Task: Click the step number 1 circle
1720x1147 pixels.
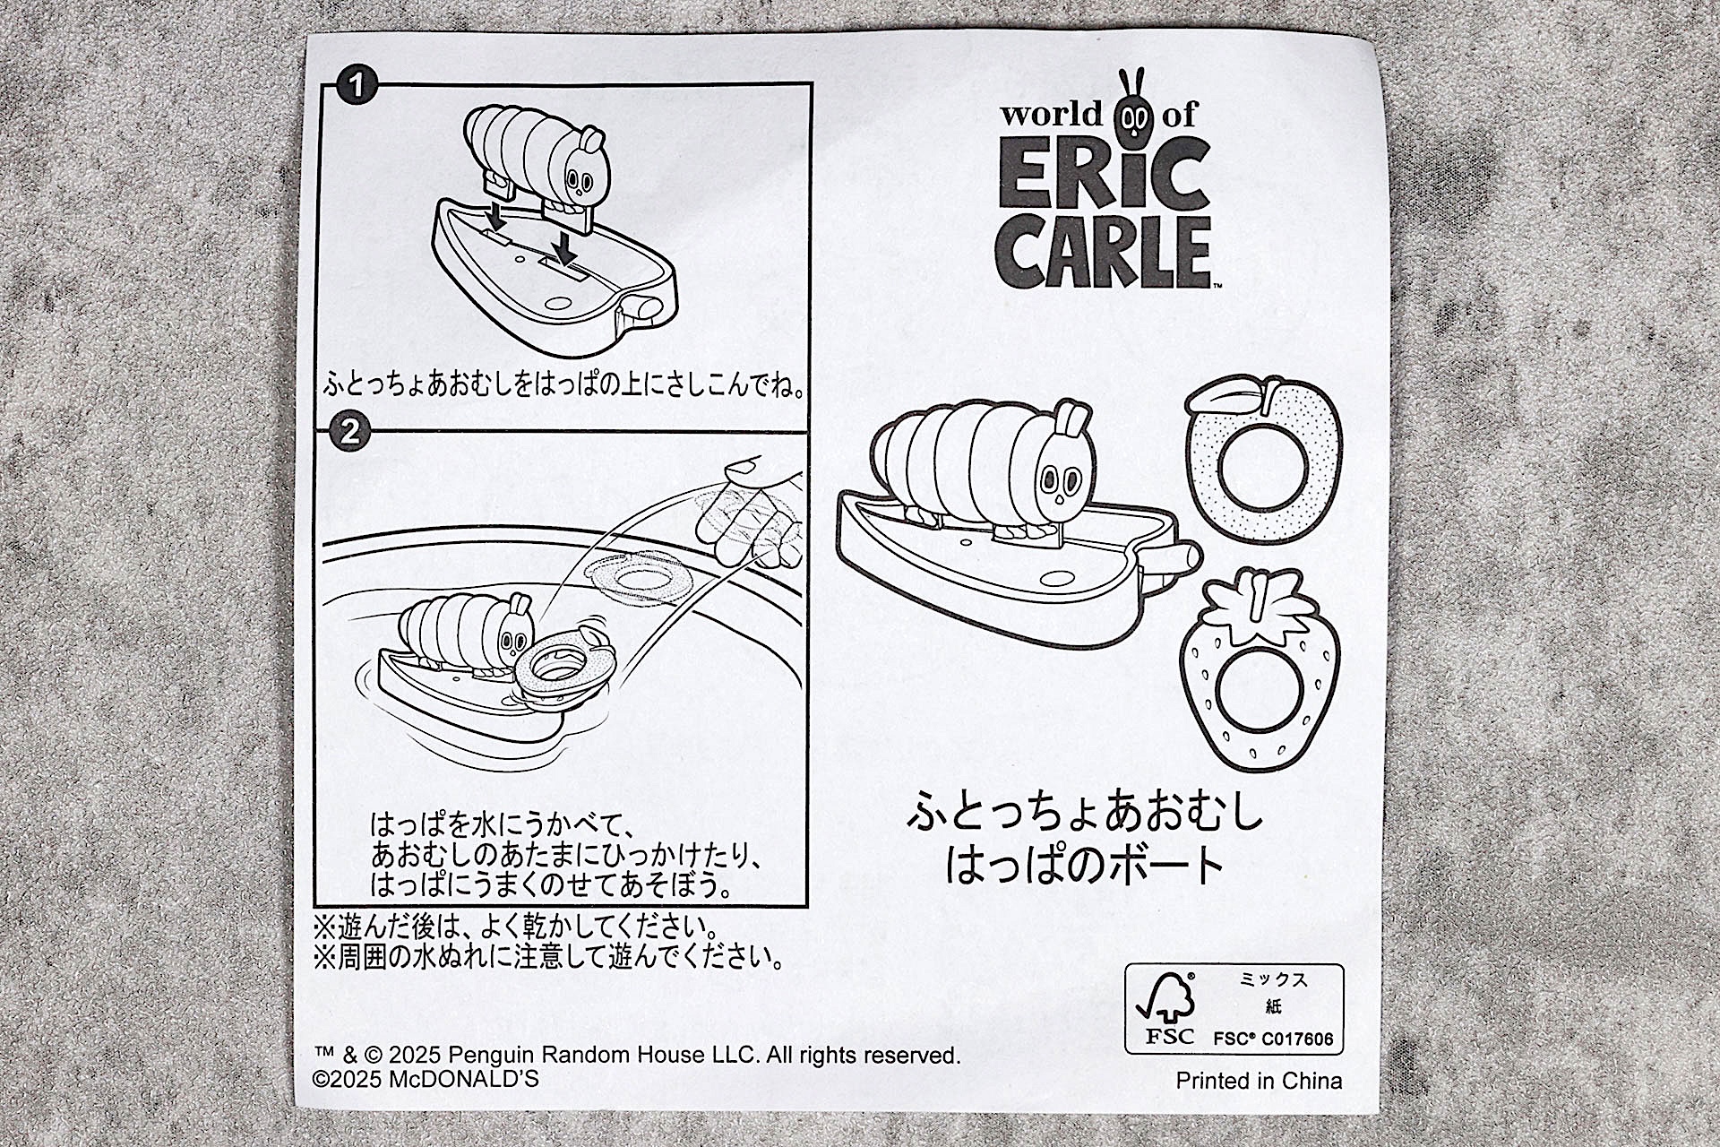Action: pyautogui.click(x=357, y=88)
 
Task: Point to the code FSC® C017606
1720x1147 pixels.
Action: pyautogui.click(x=1273, y=1039)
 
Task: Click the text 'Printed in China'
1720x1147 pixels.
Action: pyautogui.click(x=1259, y=1080)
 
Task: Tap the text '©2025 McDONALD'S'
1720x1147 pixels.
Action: pyautogui.click(x=426, y=1079)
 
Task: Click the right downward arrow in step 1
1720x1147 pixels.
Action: pyautogui.click(x=564, y=245)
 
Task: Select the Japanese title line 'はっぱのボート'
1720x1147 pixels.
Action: pyautogui.click(x=1083, y=864)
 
